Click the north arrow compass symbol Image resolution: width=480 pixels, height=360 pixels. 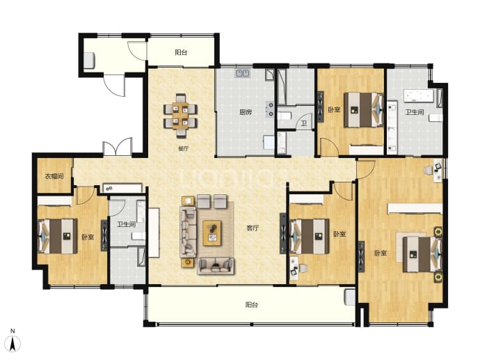[13, 343]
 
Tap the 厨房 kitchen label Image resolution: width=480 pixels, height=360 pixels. [246, 112]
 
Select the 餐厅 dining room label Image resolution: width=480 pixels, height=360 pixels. [184, 149]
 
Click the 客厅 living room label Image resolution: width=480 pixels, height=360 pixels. [253, 228]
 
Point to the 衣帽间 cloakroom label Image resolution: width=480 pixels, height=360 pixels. [54, 176]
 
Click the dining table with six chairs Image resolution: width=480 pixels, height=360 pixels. [180, 116]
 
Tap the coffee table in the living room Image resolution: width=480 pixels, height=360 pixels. [212, 233]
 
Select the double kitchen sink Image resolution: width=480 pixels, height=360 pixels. [243, 73]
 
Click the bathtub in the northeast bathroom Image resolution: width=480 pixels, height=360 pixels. [419, 95]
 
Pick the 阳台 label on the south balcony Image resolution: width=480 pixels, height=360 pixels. [252, 305]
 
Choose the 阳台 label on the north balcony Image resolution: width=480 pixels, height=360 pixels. [181, 52]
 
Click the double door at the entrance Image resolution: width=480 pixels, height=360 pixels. [118, 147]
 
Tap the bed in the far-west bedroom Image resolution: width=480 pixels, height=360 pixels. [57, 236]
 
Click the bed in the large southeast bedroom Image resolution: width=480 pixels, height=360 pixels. [422, 254]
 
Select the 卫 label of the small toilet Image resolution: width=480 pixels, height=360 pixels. [303, 123]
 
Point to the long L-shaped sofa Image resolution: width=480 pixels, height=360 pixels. [188, 232]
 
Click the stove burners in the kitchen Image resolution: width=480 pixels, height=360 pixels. [270, 109]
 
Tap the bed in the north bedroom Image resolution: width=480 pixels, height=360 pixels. [364, 110]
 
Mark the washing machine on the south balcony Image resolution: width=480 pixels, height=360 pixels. [350, 297]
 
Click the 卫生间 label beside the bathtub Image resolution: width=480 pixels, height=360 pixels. [415, 112]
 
